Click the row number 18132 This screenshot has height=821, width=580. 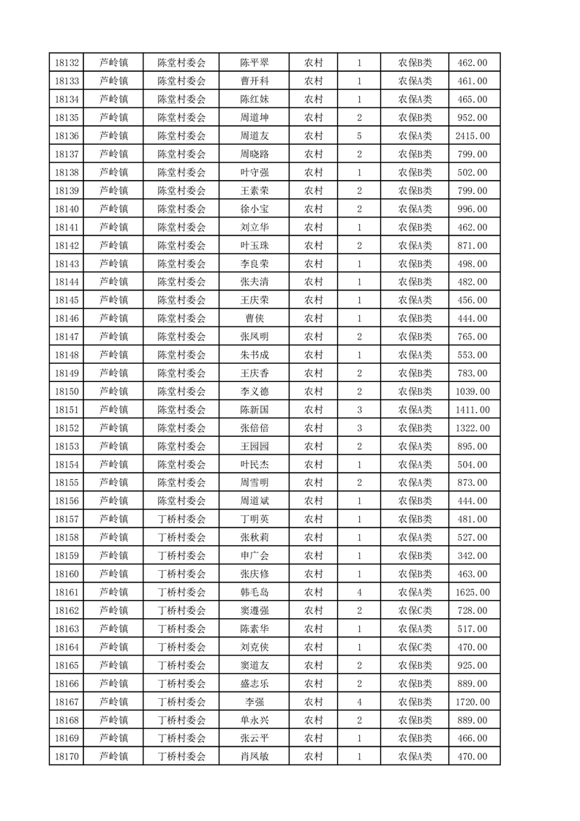coord(67,62)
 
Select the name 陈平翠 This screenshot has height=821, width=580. coord(254,62)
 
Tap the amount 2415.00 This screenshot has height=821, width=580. coord(472,135)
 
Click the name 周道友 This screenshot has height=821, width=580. coord(254,135)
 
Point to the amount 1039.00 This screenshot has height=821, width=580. coord(472,391)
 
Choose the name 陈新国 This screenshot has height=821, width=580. coord(254,410)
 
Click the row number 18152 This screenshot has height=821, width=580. coord(67,428)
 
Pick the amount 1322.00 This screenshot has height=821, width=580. coord(472,428)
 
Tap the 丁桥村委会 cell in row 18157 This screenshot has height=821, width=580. coord(182,520)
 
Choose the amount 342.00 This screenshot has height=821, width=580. coord(472,556)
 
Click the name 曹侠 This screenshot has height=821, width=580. coord(254,318)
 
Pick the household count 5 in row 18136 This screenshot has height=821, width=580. coord(359,135)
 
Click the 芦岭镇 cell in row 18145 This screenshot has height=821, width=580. coord(113,300)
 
